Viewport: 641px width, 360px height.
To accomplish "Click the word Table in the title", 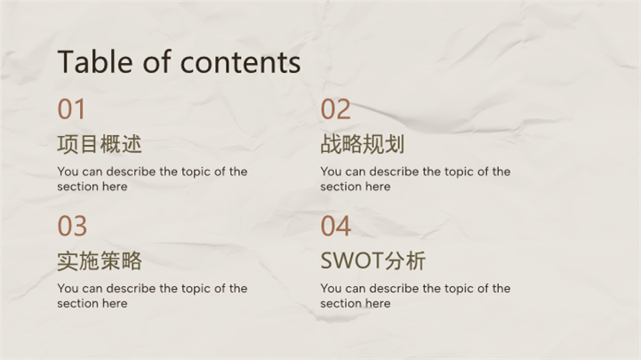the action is click(x=95, y=61).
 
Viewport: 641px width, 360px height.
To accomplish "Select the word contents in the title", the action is click(x=240, y=62).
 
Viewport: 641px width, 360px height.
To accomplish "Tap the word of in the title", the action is click(x=156, y=61).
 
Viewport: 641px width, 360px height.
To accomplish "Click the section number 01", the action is click(x=71, y=109).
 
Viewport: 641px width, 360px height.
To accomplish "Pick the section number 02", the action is click(x=336, y=109).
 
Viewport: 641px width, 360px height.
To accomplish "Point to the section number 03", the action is click(x=72, y=226).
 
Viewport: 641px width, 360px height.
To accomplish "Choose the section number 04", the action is click(x=336, y=226).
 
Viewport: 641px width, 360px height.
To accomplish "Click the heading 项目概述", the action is click(x=100, y=144).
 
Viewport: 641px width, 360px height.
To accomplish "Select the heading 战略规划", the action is click(x=363, y=144).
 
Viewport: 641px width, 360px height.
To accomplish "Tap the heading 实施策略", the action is click(x=100, y=261).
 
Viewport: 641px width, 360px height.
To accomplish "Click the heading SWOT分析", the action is click(x=373, y=261).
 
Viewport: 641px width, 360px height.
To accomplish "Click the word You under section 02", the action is click(x=331, y=172).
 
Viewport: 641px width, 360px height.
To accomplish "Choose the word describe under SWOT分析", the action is click(x=394, y=289).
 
